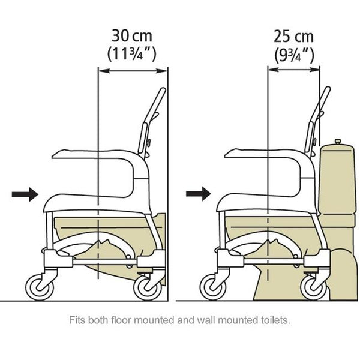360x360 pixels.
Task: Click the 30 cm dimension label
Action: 132,36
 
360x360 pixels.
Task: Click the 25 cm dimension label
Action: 293,37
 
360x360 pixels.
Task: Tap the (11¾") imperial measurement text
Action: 132,54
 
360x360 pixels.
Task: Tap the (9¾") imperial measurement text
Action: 294,56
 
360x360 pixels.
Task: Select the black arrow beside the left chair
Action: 25,194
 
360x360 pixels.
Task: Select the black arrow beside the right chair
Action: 199,194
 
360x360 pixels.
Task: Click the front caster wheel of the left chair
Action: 40,287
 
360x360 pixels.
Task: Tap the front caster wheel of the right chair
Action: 213,287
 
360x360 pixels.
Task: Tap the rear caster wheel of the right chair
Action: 314,287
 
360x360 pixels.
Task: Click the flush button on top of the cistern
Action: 337,142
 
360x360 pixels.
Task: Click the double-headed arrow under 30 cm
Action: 133,71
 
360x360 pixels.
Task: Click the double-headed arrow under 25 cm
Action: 293,70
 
